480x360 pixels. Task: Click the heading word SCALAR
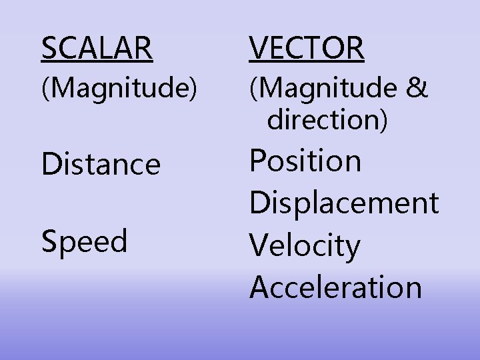pyautogui.click(x=97, y=48)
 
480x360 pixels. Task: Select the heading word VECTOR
pyautogui.click(x=307, y=48)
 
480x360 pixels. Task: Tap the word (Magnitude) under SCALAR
pyautogui.click(x=119, y=89)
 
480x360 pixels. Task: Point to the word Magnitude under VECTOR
pyautogui.click(x=327, y=89)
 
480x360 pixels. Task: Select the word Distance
pyautogui.click(x=101, y=164)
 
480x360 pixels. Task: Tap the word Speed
pyautogui.click(x=84, y=241)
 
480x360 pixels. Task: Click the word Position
pyautogui.click(x=305, y=161)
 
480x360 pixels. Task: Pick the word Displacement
pyautogui.click(x=344, y=203)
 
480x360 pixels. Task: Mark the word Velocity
pyautogui.click(x=305, y=245)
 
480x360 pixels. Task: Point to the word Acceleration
pyautogui.click(x=336, y=287)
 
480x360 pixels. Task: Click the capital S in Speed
pyautogui.click(x=49, y=241)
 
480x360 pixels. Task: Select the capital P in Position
pyautogui.click(x=257, y=161)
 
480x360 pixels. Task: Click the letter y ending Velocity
pyautogui.click(x=352, y=249)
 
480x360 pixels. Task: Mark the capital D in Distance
pyautogui.click(x=51, y=164)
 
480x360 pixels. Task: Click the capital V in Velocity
pyautogui.click(x=259, y=245)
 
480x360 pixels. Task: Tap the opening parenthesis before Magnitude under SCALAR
pyautogui.click(x=45, y=89)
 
